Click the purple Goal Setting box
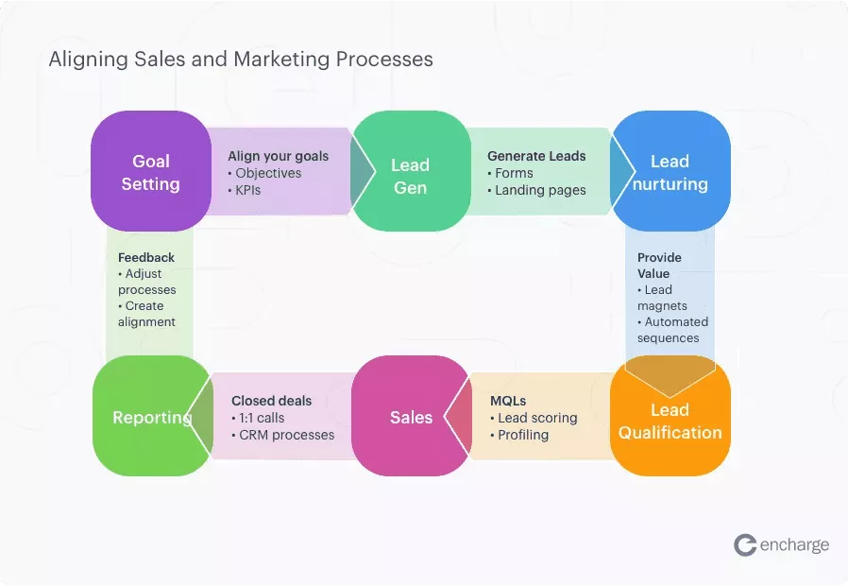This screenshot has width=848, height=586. [x=151, y=172]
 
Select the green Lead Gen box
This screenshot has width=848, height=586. [x=410, y=177]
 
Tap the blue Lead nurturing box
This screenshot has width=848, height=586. [x=670, y=172]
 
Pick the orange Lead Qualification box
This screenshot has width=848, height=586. [x=670, y=421]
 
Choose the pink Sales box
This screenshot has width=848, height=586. [x=411, y=417]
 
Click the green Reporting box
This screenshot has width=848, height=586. [x=151, y=417]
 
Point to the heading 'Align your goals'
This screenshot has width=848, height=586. [x=278, y=156]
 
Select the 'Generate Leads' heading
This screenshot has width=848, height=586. [x=536, y=156]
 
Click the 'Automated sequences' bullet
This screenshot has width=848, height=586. [x=671, y=330]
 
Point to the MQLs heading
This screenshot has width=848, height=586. [x=508, y=401]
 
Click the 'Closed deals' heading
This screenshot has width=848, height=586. [x=271, y=401]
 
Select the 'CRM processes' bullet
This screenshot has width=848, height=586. [x=282, y=435]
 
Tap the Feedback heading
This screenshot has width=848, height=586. [x=146, y=257]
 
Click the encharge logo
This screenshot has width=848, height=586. [x=781, y=544]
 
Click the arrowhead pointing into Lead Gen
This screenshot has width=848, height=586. [x=362, y=172]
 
